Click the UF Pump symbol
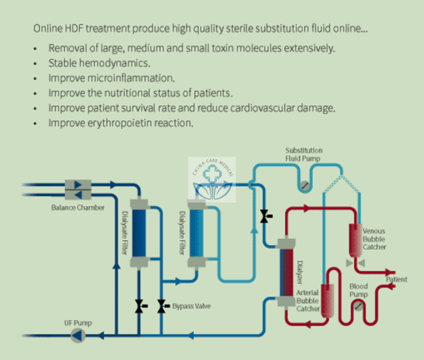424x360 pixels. click(x=78, y=335)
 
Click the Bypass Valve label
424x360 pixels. click(x=191, y=306)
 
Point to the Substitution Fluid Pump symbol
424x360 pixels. click(x=304, y=186)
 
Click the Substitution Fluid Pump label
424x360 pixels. click(x=304, y=154)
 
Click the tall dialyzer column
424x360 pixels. click(x=287, y=270)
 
